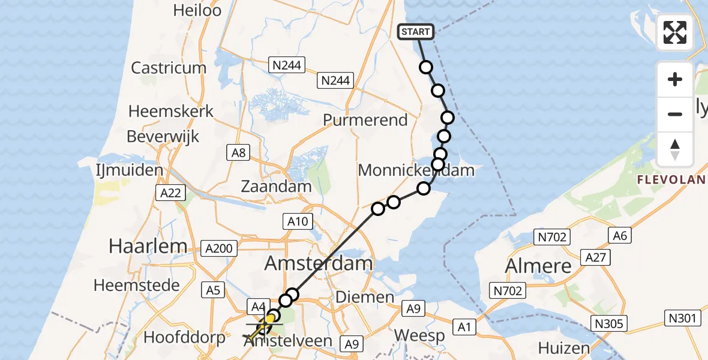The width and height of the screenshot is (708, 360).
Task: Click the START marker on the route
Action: (x=415, y=32)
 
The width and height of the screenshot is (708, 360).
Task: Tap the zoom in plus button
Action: (x=675, y=79)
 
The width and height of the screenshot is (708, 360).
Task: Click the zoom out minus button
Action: (x=675, y=114)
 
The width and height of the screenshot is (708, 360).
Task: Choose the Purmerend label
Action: (x=365, y=120)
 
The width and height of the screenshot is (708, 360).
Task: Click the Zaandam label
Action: (x=276, y=186)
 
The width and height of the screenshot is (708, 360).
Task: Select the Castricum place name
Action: (x=169, y=67)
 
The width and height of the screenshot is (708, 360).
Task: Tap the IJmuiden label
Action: (x=129, y=170)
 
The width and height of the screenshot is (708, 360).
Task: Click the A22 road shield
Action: (x=170, y=193)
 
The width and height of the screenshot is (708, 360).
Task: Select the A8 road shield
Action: (x=239, y=153)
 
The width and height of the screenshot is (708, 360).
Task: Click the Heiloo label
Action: (x=197, y=10)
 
